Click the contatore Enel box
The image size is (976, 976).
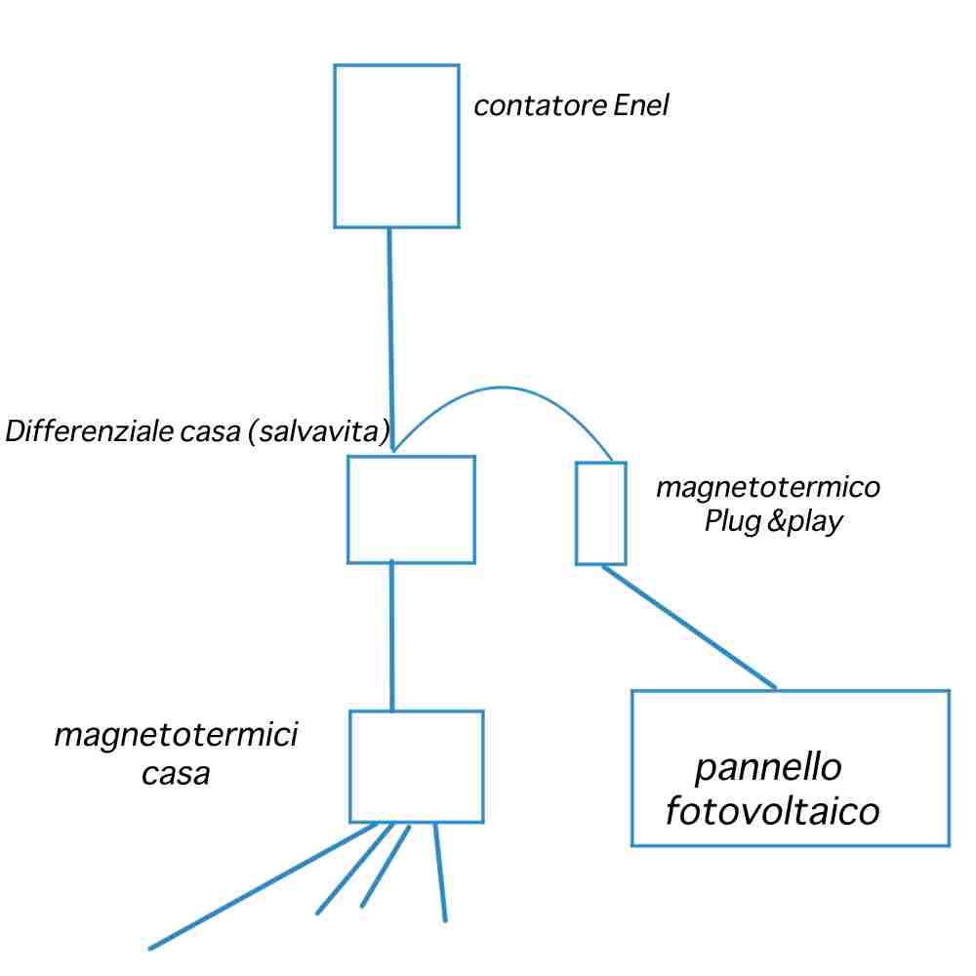click(396, 146)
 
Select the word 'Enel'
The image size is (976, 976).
click(641, 105)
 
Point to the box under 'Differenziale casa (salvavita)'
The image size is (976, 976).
click(411, 508)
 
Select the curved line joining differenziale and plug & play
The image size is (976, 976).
click(503, 388)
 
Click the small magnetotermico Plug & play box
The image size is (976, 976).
click(600, 513)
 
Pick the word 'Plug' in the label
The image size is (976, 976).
click(732, 521)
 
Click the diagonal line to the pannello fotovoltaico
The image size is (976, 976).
click(688, 627)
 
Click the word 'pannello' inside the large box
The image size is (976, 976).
click(768, 768)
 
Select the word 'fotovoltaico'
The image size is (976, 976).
click(773, 812)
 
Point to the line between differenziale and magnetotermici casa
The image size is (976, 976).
click(391, 634)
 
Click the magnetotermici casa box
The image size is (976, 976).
click(416, 766)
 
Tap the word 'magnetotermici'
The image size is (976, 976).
click(176, 734)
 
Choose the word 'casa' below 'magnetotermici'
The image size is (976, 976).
click(176, 774)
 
